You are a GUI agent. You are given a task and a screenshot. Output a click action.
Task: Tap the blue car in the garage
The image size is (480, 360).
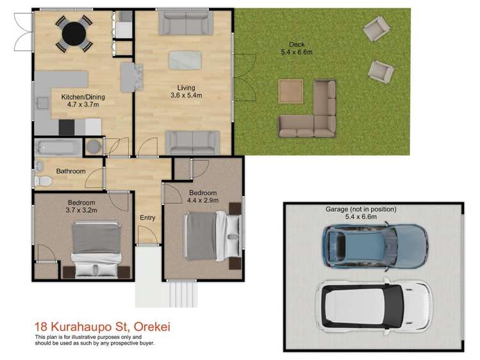pos(375,247)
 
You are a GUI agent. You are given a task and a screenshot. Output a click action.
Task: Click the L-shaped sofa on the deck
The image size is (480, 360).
pos(314,115)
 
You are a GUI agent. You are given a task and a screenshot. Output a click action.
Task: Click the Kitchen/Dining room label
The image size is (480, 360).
pos(83,101)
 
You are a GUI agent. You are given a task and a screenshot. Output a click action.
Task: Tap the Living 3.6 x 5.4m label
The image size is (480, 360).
pos(186,92)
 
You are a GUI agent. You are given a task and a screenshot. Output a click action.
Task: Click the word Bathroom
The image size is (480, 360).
pos(70,171)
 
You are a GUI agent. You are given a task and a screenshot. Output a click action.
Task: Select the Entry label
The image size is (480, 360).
pos(147,218)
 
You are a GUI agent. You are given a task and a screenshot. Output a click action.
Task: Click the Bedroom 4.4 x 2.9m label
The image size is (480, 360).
pos(202,197)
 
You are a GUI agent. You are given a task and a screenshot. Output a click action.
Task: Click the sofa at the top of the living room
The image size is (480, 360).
pos(186,24)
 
